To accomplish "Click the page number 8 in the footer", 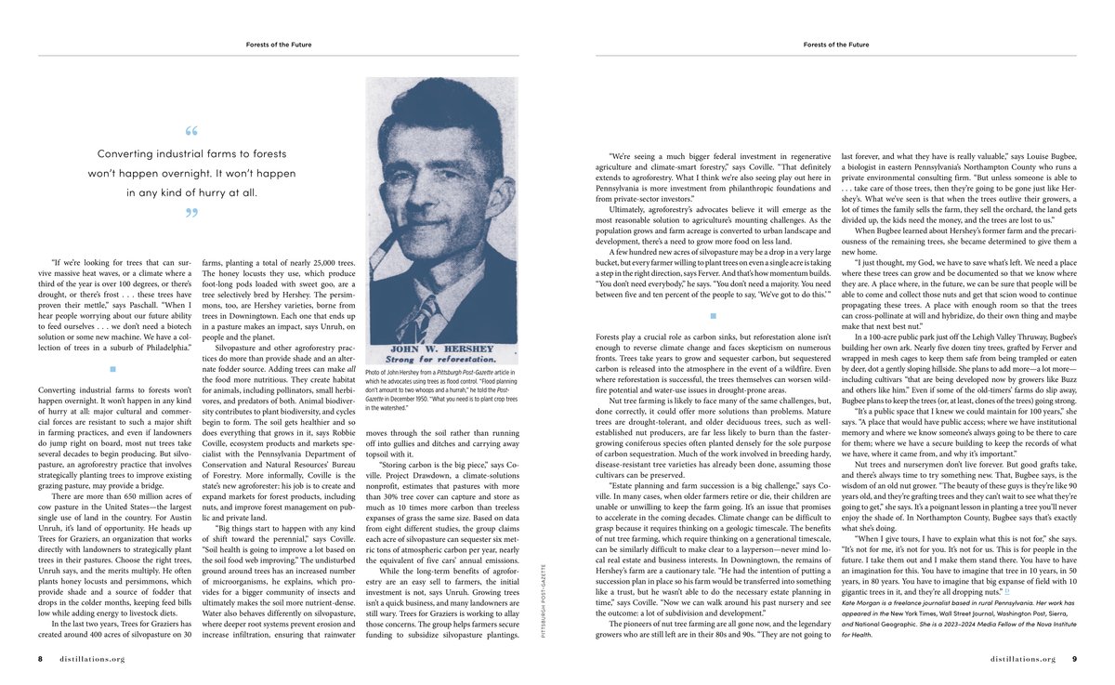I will pyautogui.click(x=41, y=659).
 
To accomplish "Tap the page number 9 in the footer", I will pyautogui.click(x=1074, y=659).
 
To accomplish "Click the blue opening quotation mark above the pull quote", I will pyautogui.click(x=191, y=131).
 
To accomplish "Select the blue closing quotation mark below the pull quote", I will pyautogui.click(x=191, y=214).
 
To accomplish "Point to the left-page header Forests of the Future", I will pyautogui.click(x=279, y=44).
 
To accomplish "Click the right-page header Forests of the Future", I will pyautogui.click(x=836, y=44).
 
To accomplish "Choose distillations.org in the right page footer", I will pyautogui.click(x=1023, y=659).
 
